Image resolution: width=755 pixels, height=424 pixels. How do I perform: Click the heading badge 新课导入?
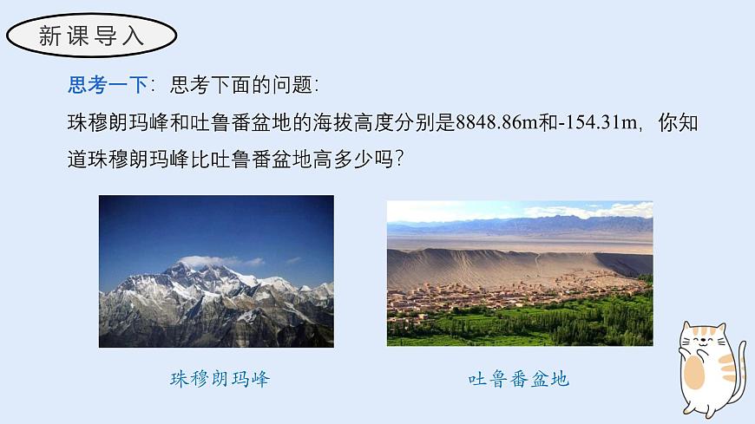tap(91, 36)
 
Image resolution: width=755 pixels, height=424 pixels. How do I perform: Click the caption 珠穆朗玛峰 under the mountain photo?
tap(220, 379)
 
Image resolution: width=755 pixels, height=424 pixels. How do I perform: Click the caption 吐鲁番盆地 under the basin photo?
tap(518, 379)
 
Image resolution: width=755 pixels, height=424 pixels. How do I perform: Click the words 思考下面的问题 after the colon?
tap(245, 85)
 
